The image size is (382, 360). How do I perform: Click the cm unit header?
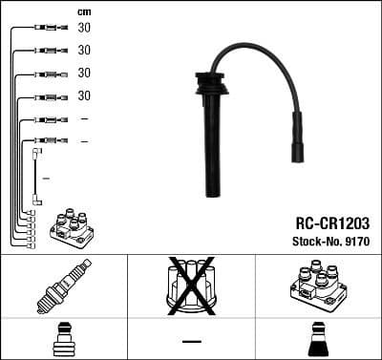tap(84, 11)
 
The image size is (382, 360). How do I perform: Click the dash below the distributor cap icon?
tap(191, 341)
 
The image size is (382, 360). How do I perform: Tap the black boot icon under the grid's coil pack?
tap(316, 340)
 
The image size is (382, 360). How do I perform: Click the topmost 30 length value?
tap(84, 28)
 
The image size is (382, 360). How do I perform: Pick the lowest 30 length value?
tap(84, 95)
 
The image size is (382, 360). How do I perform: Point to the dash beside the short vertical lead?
tap(46, 178)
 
